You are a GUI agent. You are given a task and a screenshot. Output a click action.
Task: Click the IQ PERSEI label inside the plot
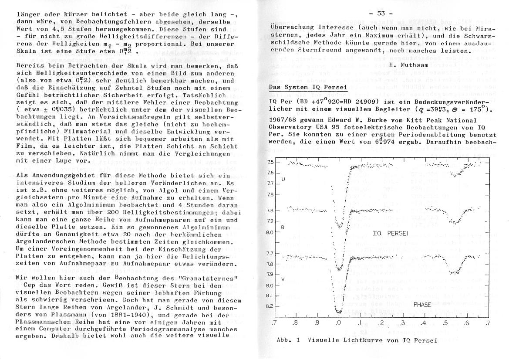click(390, 234)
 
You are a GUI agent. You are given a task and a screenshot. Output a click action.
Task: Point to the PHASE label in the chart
click(421, 305)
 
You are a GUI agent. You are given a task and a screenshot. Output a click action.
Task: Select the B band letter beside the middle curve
click(283, 228)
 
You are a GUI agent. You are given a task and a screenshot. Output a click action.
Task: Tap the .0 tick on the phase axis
click(338, 323)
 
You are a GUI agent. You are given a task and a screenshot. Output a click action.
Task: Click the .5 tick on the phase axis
click(445, 323)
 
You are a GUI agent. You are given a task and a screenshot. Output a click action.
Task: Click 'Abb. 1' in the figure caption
click(286, 340)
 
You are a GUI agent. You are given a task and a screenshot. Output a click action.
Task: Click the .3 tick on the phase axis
click(402, 323)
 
